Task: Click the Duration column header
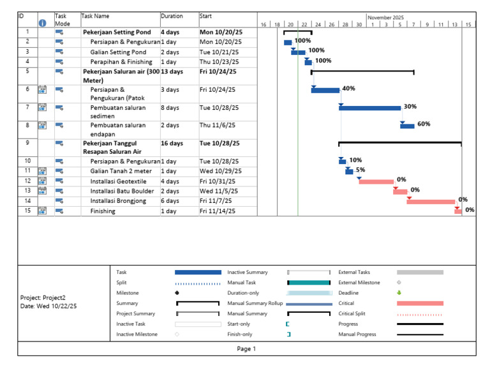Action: (x=172, y=16)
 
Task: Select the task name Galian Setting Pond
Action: (x=118, y=52)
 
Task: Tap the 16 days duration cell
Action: (x=172, y=144)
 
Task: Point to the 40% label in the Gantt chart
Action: (x=348, y=89)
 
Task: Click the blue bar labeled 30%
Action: (x=370, y=107)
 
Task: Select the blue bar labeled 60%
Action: (x=407, y=125)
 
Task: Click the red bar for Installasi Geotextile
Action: (x=376, y=181)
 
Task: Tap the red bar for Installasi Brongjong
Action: (x=431, y=201)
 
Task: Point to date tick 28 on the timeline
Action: (x=345, y=24)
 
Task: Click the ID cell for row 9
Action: (x=27, y=144)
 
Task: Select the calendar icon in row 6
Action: (x=42, y=89)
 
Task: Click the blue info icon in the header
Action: (x=43, y=23)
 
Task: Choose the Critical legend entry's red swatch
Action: (x=420, y=303)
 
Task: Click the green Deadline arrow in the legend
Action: (x=399, y=293)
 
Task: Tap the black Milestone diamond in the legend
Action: (x=177, y=293)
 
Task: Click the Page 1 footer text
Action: (x=246, y=348)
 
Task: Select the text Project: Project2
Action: (x=43, y=297)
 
